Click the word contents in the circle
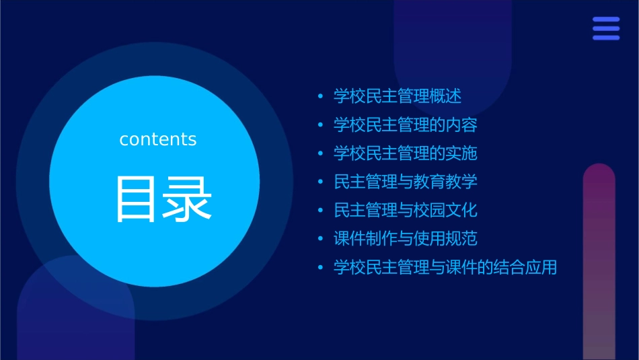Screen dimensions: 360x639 158,139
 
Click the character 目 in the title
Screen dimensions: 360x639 135,199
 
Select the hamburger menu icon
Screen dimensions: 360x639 606,29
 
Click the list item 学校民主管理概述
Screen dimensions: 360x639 398,96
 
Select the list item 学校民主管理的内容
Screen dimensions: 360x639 406,125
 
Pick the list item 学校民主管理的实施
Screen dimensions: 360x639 406,153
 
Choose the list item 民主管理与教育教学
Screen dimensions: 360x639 406,182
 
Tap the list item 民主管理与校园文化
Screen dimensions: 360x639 406,210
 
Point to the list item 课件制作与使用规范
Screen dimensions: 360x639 406,238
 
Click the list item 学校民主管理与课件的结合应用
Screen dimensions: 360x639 445,267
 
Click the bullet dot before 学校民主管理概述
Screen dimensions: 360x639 321,97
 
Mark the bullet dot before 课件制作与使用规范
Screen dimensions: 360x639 321,239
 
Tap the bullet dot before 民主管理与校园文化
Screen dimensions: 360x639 321,211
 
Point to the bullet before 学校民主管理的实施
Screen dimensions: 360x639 321,154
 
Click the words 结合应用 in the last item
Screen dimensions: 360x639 525,267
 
